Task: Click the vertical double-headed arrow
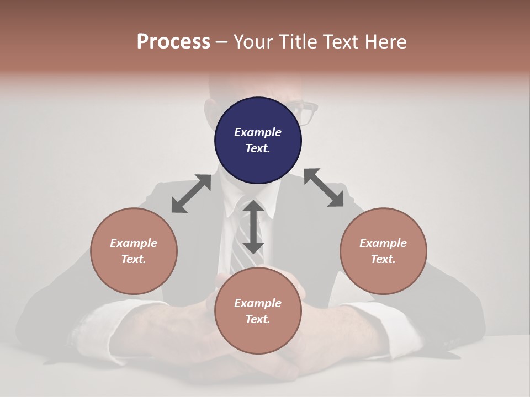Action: [253, 227]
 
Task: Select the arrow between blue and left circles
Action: [191, 194]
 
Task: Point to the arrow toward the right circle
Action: [324, 187]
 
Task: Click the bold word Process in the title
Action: [173, 42]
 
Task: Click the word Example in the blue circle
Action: [258, 132]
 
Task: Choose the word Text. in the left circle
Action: [134, 259]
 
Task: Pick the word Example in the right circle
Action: [383, 243]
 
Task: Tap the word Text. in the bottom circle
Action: [258, 319]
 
